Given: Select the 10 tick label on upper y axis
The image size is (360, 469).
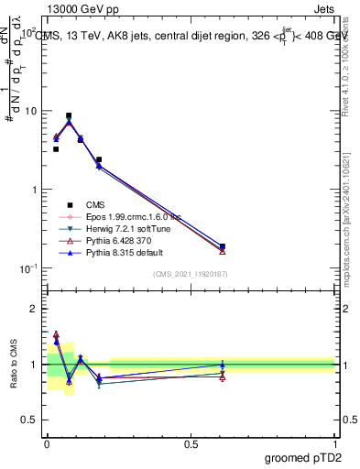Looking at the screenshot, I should point(30,111).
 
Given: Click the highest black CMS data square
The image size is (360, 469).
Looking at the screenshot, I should point(69,116).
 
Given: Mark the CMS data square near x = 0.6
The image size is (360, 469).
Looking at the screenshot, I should point(223,246).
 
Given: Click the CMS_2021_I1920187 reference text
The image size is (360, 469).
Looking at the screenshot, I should point(190,274).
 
